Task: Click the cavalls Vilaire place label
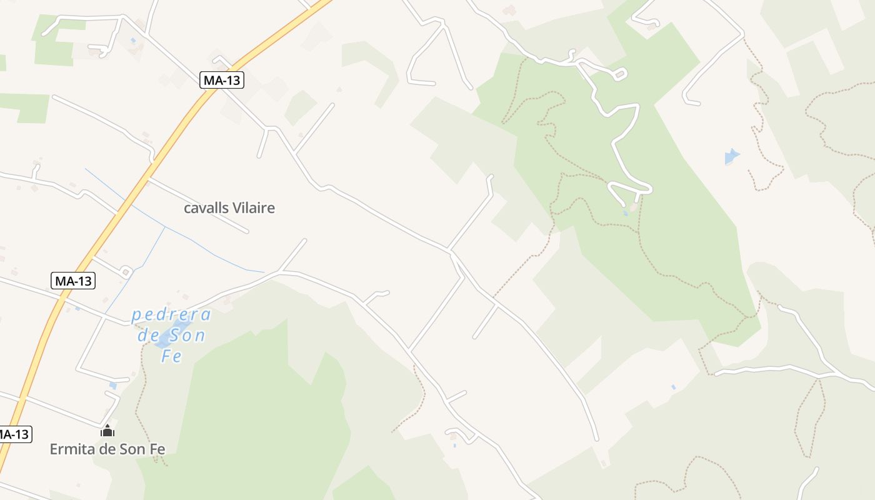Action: coord(229,208)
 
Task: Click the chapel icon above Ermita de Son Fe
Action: coord(107,431)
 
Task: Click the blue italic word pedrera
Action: coord(171,314)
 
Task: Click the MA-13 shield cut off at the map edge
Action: coord(14,434)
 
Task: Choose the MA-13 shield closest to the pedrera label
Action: coord(72,281)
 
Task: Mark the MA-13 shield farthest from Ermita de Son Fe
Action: coord(221,79)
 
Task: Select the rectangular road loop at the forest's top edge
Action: coord(619,75)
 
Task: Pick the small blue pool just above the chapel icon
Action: coord(112,385)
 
